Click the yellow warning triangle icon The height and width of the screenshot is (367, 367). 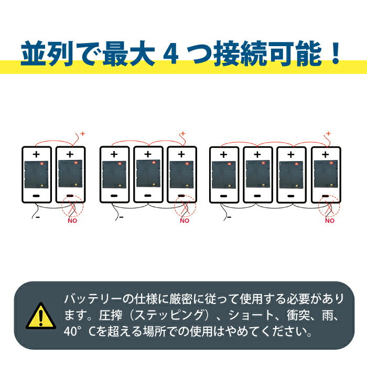pyautogui.click(x=41, y=316)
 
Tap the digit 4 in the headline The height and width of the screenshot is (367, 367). pyautogui.click(x=171, y=54)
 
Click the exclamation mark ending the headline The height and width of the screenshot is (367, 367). pyautogui.click(x=336, y=53)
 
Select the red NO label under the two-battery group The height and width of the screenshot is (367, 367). pyautogui.click(x=72, y=221)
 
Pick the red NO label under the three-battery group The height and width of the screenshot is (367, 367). pyautogui.click(x=185, y=221)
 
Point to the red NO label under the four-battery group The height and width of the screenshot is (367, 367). pyautogui.click(x=330, y=221)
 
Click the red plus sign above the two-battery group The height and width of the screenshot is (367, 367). pyautogui.click(x=82, y=134)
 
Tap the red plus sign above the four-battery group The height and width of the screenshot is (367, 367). pyautogui.click(x=328, y=133)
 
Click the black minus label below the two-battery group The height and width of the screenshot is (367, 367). pyautogui.click(x=38, y=217)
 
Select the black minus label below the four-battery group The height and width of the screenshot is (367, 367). pyautogui.click(x=229, y=217)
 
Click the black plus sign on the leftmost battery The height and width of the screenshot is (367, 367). pyautogui.click(x=36, y=154)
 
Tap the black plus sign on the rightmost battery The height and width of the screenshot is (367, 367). pyautogui.click(x=326, y=155)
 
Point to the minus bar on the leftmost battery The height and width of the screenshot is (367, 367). pyautogui.click(x=36, y=196)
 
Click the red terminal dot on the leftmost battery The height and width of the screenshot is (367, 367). pyautogui.click(x=42, y=164)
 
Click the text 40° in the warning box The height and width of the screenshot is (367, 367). pyautogui.click(x=72, y=331)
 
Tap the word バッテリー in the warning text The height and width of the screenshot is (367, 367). pyautogui.click(x=93, y=299)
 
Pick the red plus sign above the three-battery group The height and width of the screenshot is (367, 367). pyautogui.click(x=183, y=134)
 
